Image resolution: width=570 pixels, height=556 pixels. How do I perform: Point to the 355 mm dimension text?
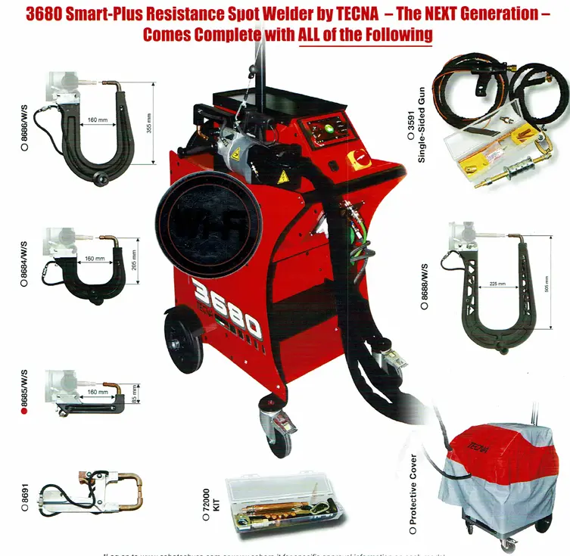[149, 123]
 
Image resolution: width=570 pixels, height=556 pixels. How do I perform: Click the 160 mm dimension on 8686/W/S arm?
[97, 120]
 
